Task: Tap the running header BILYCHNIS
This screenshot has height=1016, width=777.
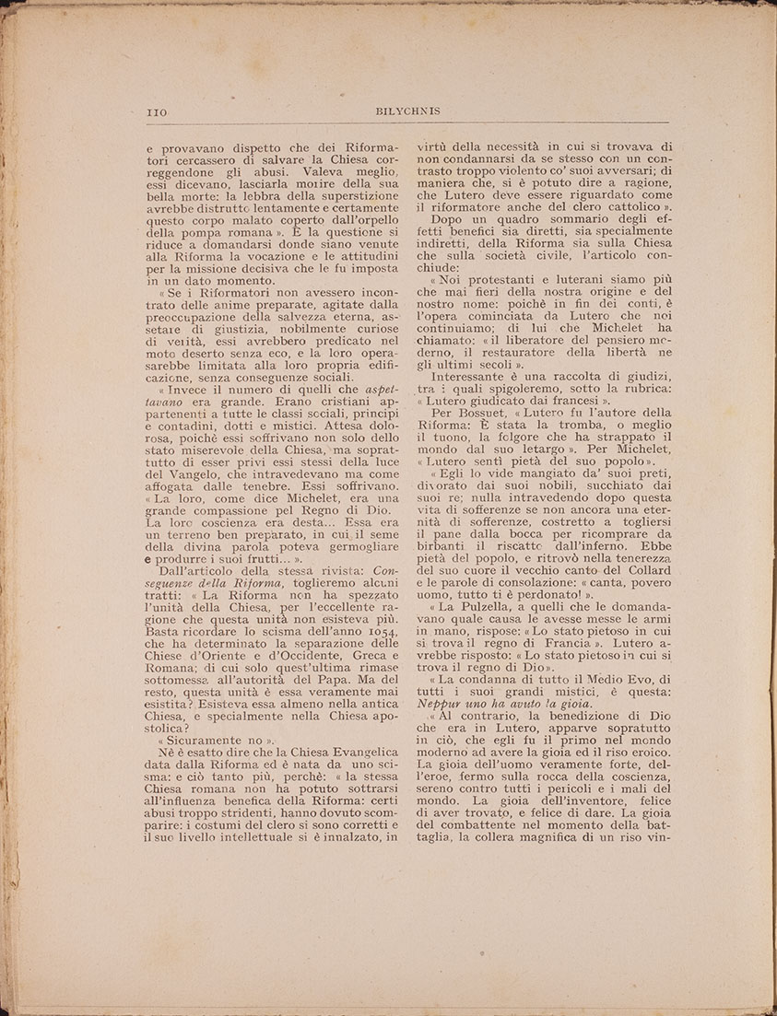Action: [x=408, y=111]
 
